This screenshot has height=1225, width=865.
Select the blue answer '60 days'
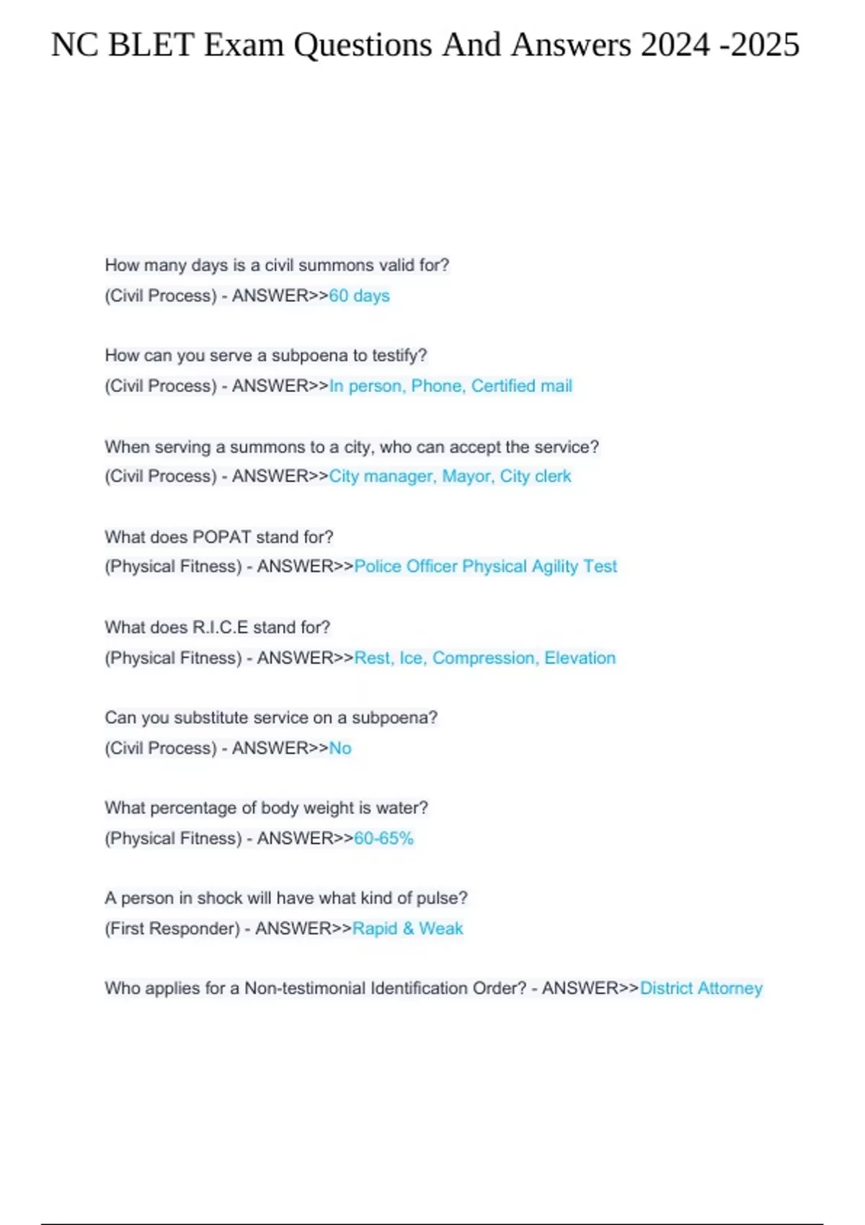(359, 295)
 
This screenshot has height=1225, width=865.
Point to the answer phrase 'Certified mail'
(522, 386)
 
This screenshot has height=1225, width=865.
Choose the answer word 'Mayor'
(467, 476)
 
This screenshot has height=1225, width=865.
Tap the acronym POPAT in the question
(222, 537)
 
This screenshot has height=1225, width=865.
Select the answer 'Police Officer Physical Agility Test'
(485, 566)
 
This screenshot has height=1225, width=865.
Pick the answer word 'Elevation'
(580, 658)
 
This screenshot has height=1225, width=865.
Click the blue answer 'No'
(340, 748)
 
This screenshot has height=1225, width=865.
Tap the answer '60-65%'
(383, 838)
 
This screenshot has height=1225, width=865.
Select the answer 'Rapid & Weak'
(407, 928)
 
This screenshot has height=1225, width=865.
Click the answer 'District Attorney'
(701, 988)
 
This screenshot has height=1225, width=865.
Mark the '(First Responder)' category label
(172, 928)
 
